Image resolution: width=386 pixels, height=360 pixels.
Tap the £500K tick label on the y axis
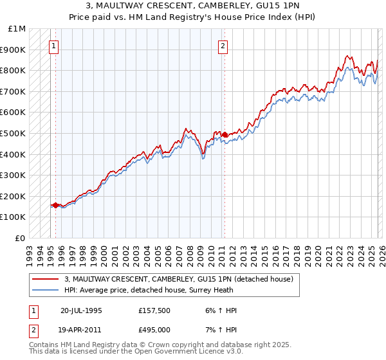pos(14,133)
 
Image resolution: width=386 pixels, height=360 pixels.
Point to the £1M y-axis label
pos(17,29)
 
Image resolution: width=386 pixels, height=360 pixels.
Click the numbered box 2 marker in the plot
pos(223,46)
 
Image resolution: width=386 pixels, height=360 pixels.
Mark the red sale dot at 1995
pos(56,205)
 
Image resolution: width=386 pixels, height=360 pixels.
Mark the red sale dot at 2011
pos(225,134)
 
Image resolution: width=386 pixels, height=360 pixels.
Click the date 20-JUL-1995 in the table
pos(81,310)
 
